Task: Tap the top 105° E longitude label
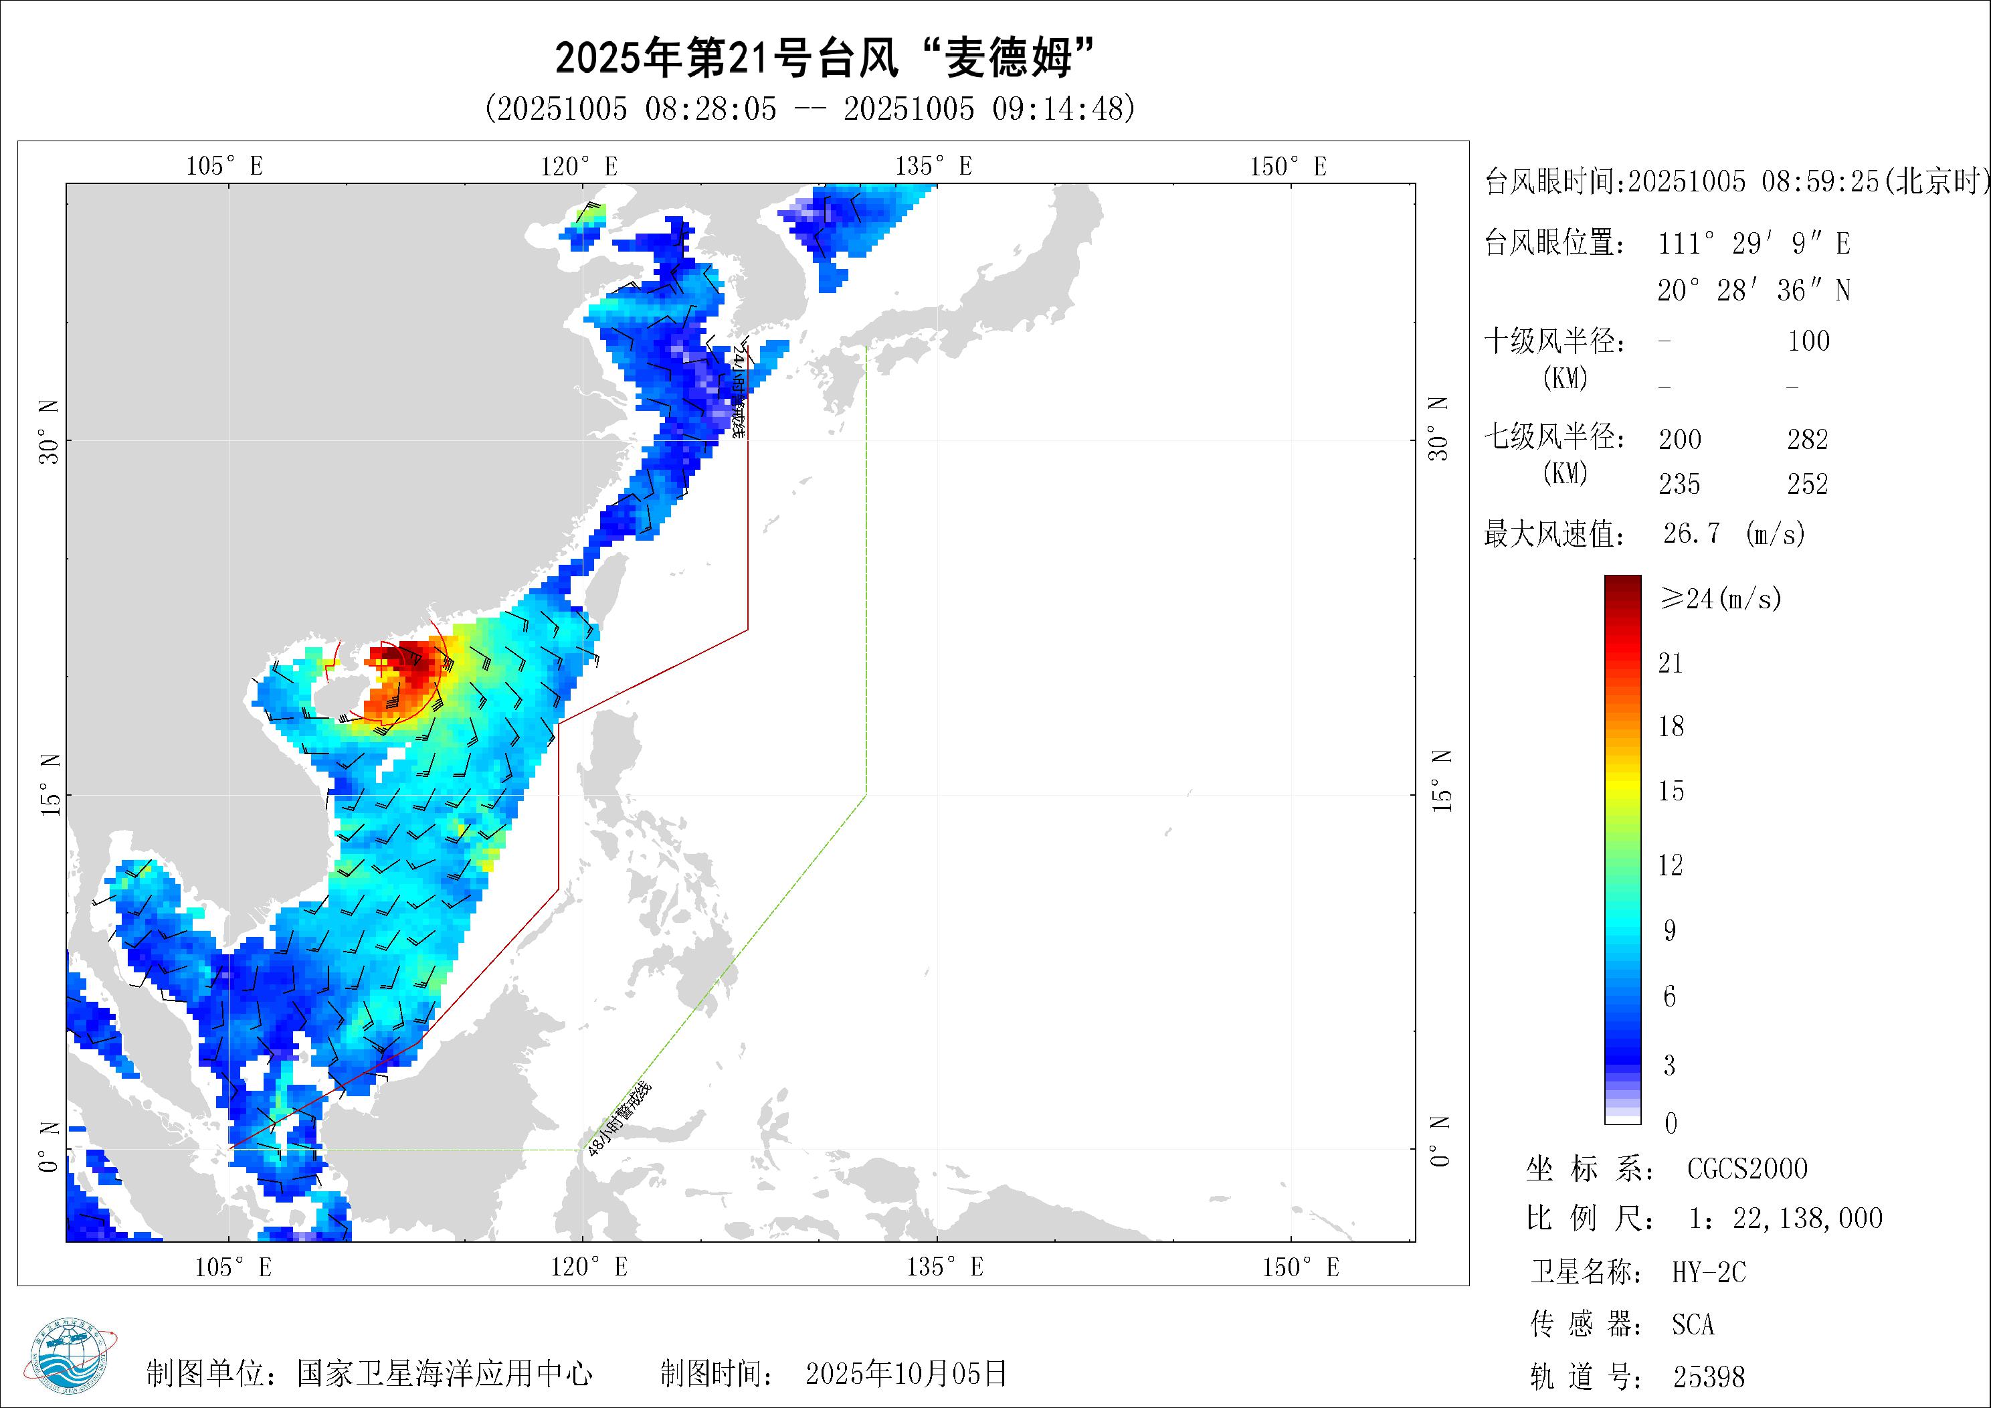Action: [x=225, y=166]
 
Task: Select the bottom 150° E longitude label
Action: [x=1300, y=1267]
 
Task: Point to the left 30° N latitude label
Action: [x=50, y=431]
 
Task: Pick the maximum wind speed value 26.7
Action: [x=1691, y=533]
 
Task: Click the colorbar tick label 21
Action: [x=1670, y=664]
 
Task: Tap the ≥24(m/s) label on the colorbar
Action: [x=1721, y=598]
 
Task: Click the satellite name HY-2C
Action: [x=1708, y=1273]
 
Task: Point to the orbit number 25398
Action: [x=1708, y=1377]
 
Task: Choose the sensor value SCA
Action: [x=1693, y=1325]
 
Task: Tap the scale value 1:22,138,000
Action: [x=1786, y=1219]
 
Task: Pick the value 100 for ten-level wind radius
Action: [x=1808, y=341]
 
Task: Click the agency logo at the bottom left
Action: [x=76, y=1362]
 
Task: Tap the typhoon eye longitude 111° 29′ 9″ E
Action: [x=1753, y=244]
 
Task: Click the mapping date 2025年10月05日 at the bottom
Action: [x=906, y=1373]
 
